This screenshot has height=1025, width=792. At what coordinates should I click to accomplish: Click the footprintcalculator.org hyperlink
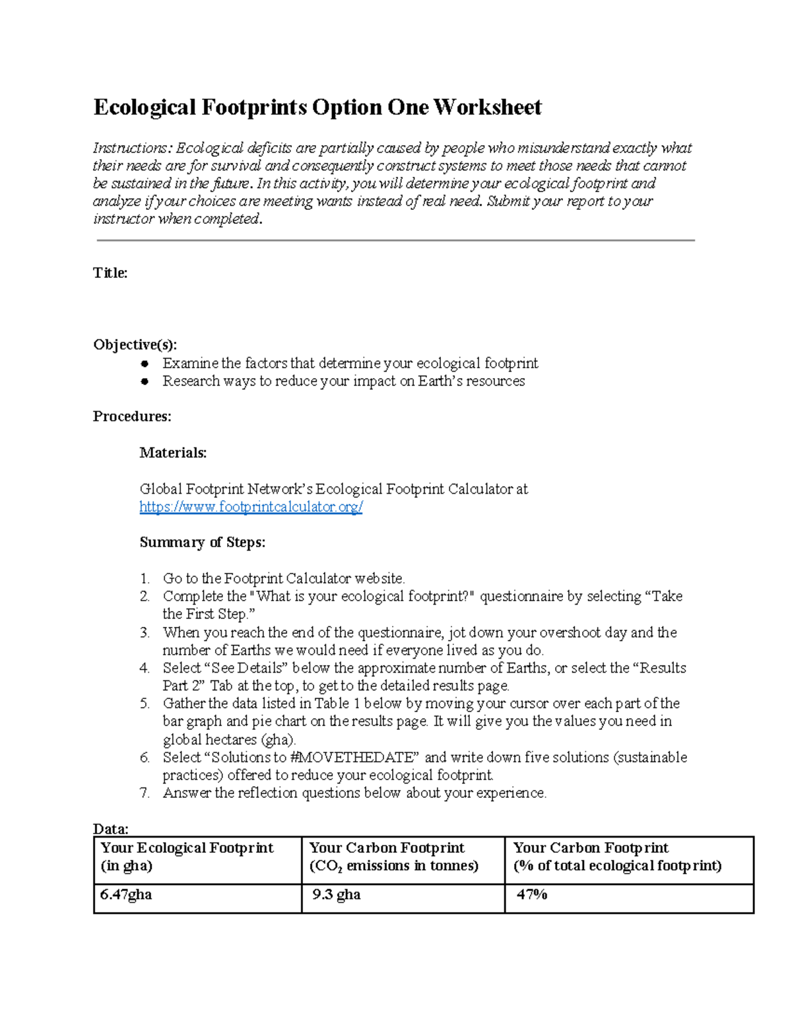251,507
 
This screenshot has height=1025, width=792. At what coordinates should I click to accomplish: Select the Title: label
110,273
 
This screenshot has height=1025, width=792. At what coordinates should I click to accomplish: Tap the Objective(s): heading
135,345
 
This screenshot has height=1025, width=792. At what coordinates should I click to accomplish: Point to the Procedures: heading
132,416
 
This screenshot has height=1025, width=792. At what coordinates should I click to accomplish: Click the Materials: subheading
173,453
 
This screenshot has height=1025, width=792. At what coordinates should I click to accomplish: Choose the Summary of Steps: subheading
202,543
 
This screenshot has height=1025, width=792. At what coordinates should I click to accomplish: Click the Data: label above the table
110,829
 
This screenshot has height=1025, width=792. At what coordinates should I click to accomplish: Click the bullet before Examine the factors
145,364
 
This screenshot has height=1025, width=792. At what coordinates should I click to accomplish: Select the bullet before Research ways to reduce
145,381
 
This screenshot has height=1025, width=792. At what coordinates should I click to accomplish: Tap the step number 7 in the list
145,793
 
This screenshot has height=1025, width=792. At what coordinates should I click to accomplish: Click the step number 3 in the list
145,633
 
